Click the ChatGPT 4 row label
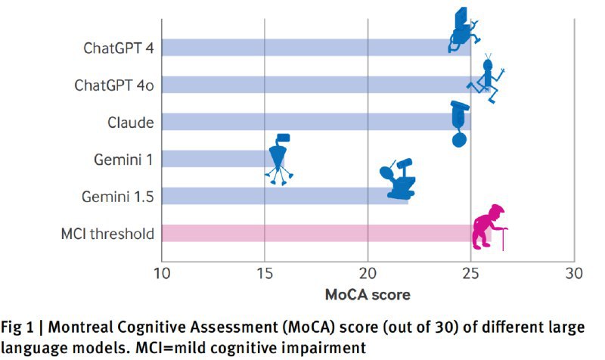click(119, 47)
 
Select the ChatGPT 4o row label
click(114, 85)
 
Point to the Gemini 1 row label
click(124, 159)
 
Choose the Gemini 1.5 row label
click(119, 196)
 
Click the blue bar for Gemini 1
click(212, 159)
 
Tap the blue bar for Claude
click(302, 122)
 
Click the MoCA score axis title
click(368, 293)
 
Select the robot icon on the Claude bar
click(459, 121)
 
